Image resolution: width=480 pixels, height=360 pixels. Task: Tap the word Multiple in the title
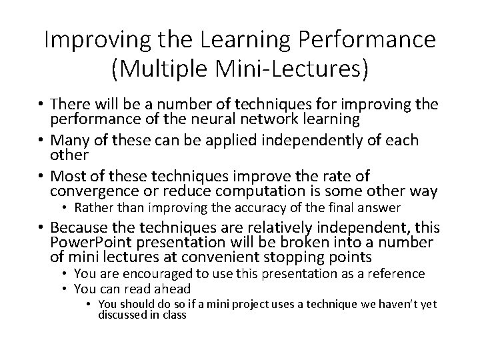pyautogui.click(x=172, y=69)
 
